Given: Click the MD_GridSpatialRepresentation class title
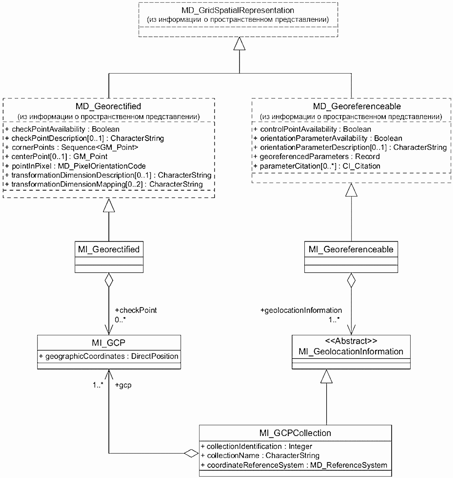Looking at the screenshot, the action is click(238, 10).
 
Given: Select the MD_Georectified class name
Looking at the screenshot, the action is click(108, 106).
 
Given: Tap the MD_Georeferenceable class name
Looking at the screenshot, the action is click(357, 106).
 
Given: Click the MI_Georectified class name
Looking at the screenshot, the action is click(109, 249).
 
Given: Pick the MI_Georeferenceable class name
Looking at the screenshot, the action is click(351, 249).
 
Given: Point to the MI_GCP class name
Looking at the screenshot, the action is click(109, 343).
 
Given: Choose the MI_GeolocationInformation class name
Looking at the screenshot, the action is click(351, 352).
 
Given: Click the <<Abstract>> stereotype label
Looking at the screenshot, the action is click(351, 341).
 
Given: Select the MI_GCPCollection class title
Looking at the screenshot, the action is click(295, 433).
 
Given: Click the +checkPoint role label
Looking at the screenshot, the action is click(136, 310).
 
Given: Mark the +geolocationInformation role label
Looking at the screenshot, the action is click(301, 310).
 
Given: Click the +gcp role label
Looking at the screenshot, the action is click(123, 385).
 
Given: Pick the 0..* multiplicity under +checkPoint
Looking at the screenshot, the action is click(120, 320).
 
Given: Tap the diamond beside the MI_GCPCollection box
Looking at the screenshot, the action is click(191, 453).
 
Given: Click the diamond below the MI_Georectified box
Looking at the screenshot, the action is click(109, 280).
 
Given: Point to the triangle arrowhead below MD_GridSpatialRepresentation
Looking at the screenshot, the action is click(239, 43).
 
